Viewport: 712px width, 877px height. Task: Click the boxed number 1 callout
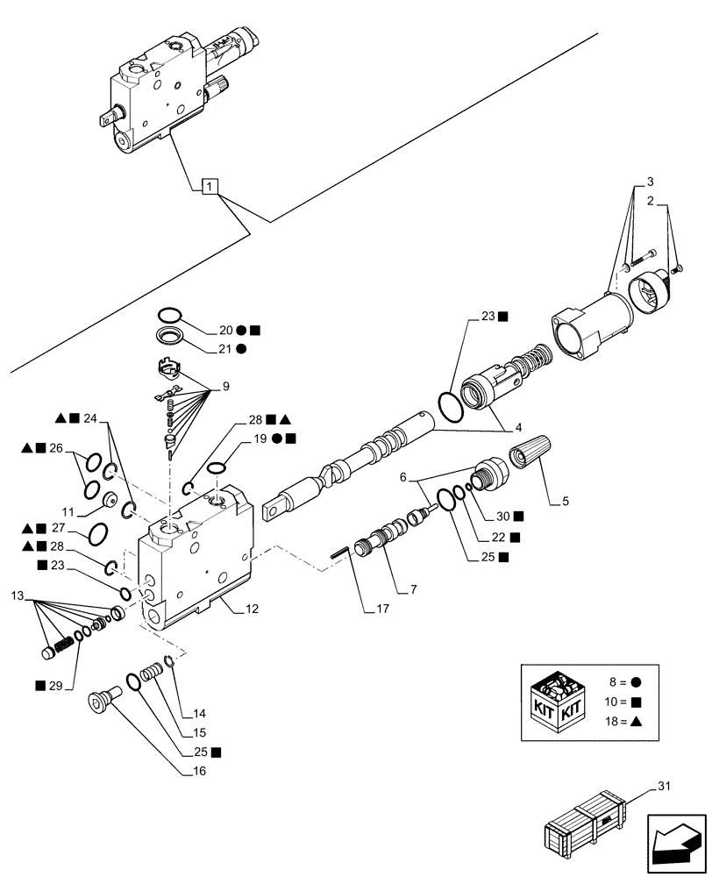(x=210, y=186)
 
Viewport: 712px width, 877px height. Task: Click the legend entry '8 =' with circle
(x=625, y=680)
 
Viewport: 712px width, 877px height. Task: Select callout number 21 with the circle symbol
(x=226, y=348)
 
